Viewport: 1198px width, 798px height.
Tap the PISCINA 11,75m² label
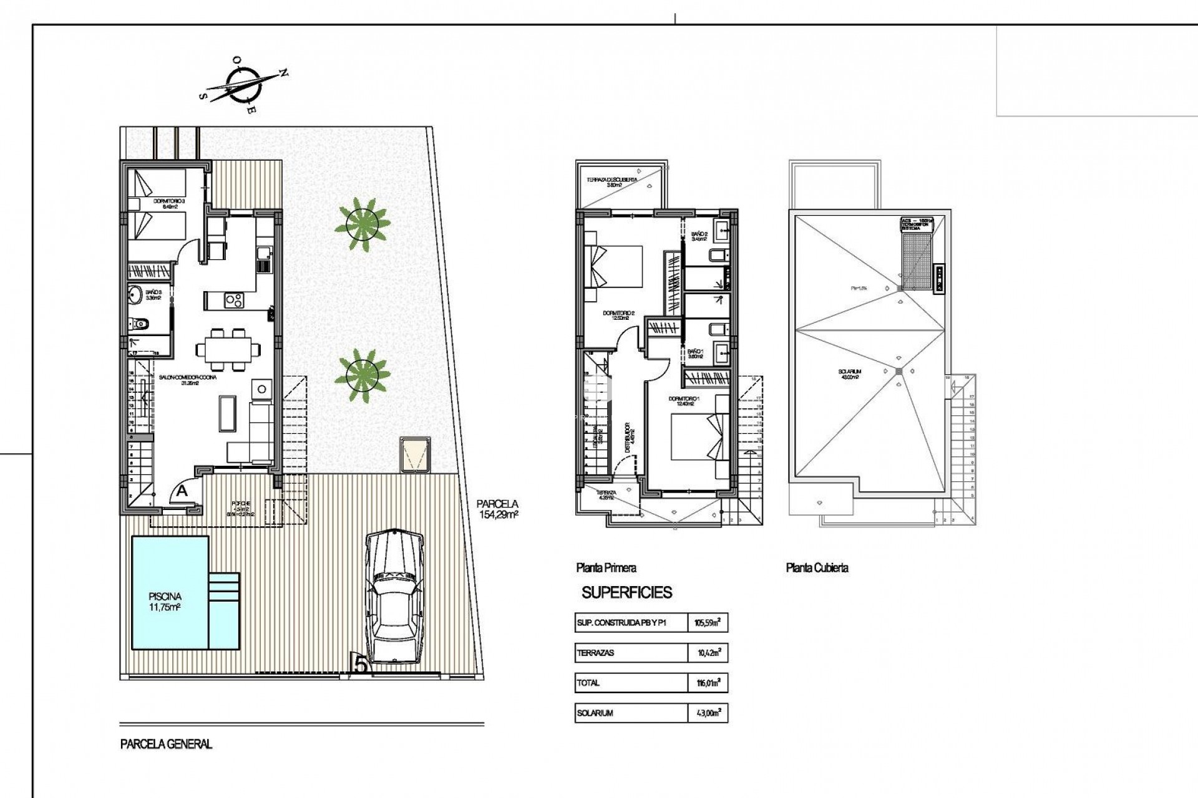click(x=165, y=602)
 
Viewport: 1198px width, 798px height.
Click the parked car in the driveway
click(x=394, y=598)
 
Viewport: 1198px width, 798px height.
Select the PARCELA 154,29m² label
click(x=497, y=509)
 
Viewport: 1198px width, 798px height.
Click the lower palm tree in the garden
click(x=362, y=374)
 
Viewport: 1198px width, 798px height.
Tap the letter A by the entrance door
click(x=182, y=491)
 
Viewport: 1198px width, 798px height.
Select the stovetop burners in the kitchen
click(x=234, y=300)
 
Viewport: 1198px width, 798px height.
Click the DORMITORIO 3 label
click(x=169, y=204)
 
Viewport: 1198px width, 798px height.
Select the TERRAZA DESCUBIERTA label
click(x=612, y=181)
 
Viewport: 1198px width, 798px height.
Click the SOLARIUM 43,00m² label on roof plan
click(x=849, y=374)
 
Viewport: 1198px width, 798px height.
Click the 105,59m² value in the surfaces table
click(x=708, y=622)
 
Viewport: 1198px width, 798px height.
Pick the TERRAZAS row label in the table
click(x=596, y=653)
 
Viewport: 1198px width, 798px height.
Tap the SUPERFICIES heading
click(x=626, y=592)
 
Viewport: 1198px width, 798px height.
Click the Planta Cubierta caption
click(x=817, y=568)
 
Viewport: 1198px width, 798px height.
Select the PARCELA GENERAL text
click(x=166, y=744)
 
